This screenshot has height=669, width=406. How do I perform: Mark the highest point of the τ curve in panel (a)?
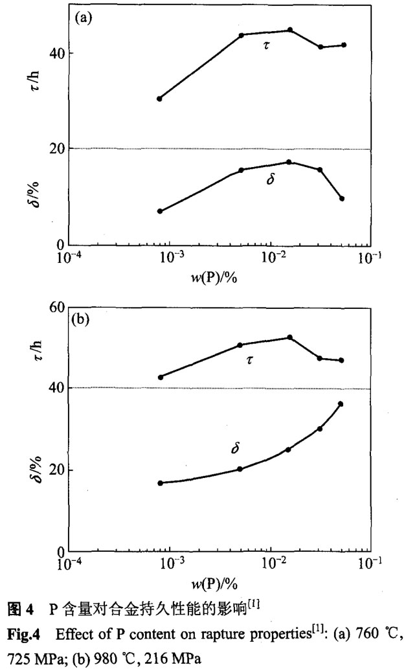pyautogui.click(x=289, y=30)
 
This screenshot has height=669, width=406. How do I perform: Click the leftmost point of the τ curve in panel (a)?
pyautogui.click(x=159, y=98)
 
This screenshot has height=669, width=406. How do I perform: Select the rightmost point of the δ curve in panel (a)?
pyautogui.click(x=342, y=198)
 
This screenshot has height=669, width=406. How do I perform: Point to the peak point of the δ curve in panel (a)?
pyautogui.click(x=289, y=162)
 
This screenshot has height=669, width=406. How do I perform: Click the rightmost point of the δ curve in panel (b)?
pyautogui.click(x=341, y=404)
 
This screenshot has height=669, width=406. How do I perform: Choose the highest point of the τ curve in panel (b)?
pyautogui.click(x=289, y=337)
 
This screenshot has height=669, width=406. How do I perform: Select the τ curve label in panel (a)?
pyautogui.click(x=265, y=45)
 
